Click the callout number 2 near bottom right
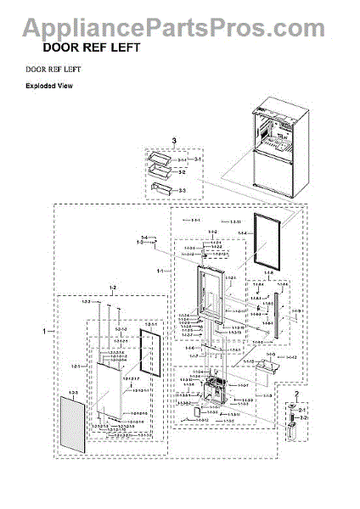tap(296, 395)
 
